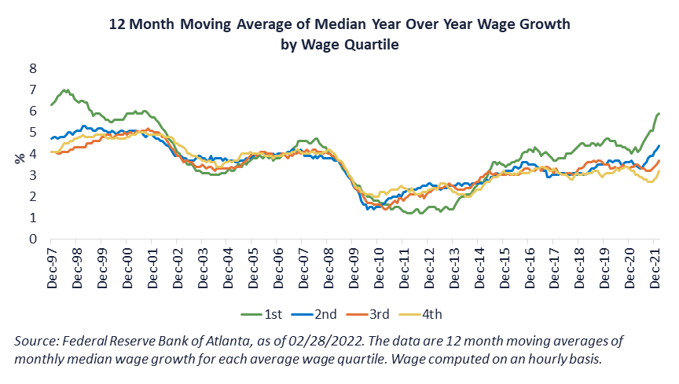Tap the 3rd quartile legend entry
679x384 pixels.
coord(371,314)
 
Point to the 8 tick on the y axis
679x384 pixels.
coord(33,68)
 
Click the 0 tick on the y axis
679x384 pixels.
coord(33,239)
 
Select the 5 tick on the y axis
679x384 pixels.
coord(33,132)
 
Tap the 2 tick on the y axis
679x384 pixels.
coord(33,196)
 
